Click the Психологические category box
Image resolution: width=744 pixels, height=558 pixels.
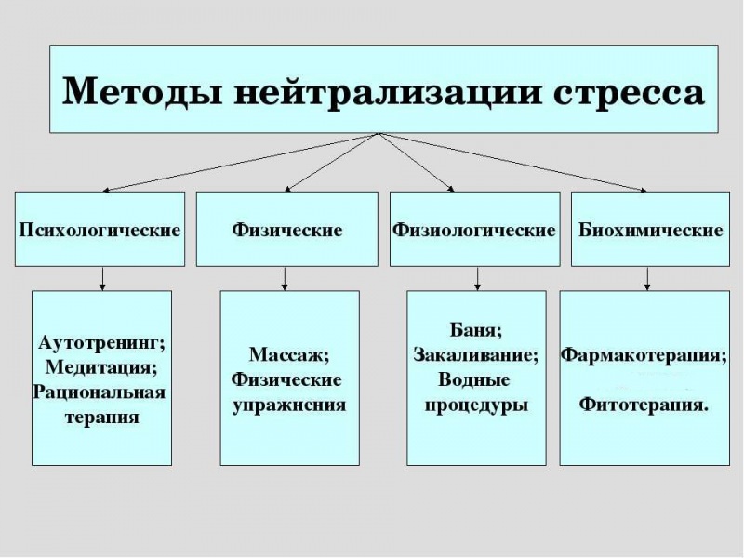click(x=100, y=229)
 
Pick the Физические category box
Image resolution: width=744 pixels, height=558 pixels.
click(x=286, y=229)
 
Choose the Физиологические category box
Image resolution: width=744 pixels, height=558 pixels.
click(x=474, y=229)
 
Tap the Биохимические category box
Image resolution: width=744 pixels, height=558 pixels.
click(x=650, y=229)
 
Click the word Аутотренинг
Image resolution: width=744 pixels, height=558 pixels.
click(x=100, y=343)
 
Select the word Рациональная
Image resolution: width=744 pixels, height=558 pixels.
click(x=100, y=392)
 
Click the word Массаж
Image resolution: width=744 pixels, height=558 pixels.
click(x=289, y=355)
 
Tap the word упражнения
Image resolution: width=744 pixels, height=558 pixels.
click(x=288, y=405)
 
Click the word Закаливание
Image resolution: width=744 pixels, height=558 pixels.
click(x=476, y=355)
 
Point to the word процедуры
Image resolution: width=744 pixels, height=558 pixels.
click(x=476, y=405)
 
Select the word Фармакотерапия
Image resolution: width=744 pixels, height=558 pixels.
click(x=644, y=355)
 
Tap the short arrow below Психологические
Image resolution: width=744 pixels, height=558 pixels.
click(x=102, y=278)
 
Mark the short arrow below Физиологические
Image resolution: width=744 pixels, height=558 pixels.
click(x=476, y=278)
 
